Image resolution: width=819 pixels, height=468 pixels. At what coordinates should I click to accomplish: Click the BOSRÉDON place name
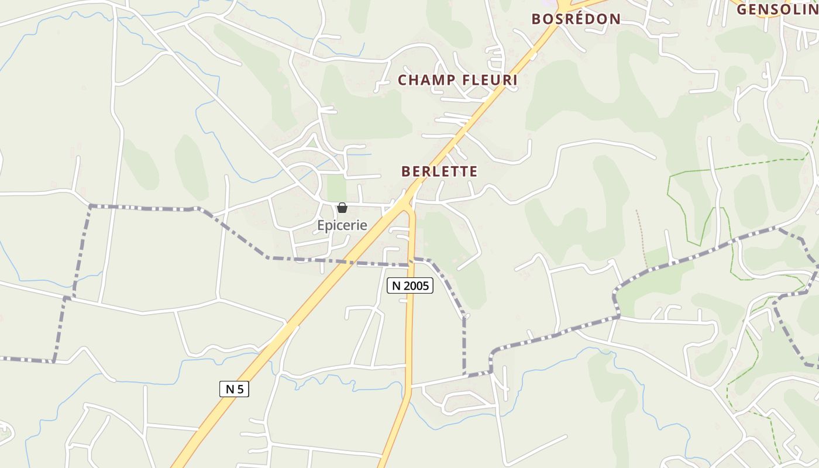click(x=576, y=19)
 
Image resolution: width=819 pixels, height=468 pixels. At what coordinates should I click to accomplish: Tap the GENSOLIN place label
click(x=777, y=9)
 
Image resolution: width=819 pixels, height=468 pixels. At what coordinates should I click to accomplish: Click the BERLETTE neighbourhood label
click(x=439, y=171)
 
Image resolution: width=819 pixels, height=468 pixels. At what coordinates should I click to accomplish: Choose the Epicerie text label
click(x=342, y=225)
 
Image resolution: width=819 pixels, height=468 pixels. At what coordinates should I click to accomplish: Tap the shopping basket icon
click(x=342, y=208)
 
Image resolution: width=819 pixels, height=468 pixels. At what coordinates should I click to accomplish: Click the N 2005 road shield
click(x=409, y=285)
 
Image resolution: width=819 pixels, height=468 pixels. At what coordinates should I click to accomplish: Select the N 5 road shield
click(x=234, y=389)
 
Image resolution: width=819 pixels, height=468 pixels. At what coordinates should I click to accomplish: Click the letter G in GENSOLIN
click(x=742, y=9)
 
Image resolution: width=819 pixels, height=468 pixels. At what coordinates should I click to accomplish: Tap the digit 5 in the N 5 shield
click(x=239, y=389)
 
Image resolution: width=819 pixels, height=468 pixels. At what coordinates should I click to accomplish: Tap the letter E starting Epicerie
click(x=321, y=225)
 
